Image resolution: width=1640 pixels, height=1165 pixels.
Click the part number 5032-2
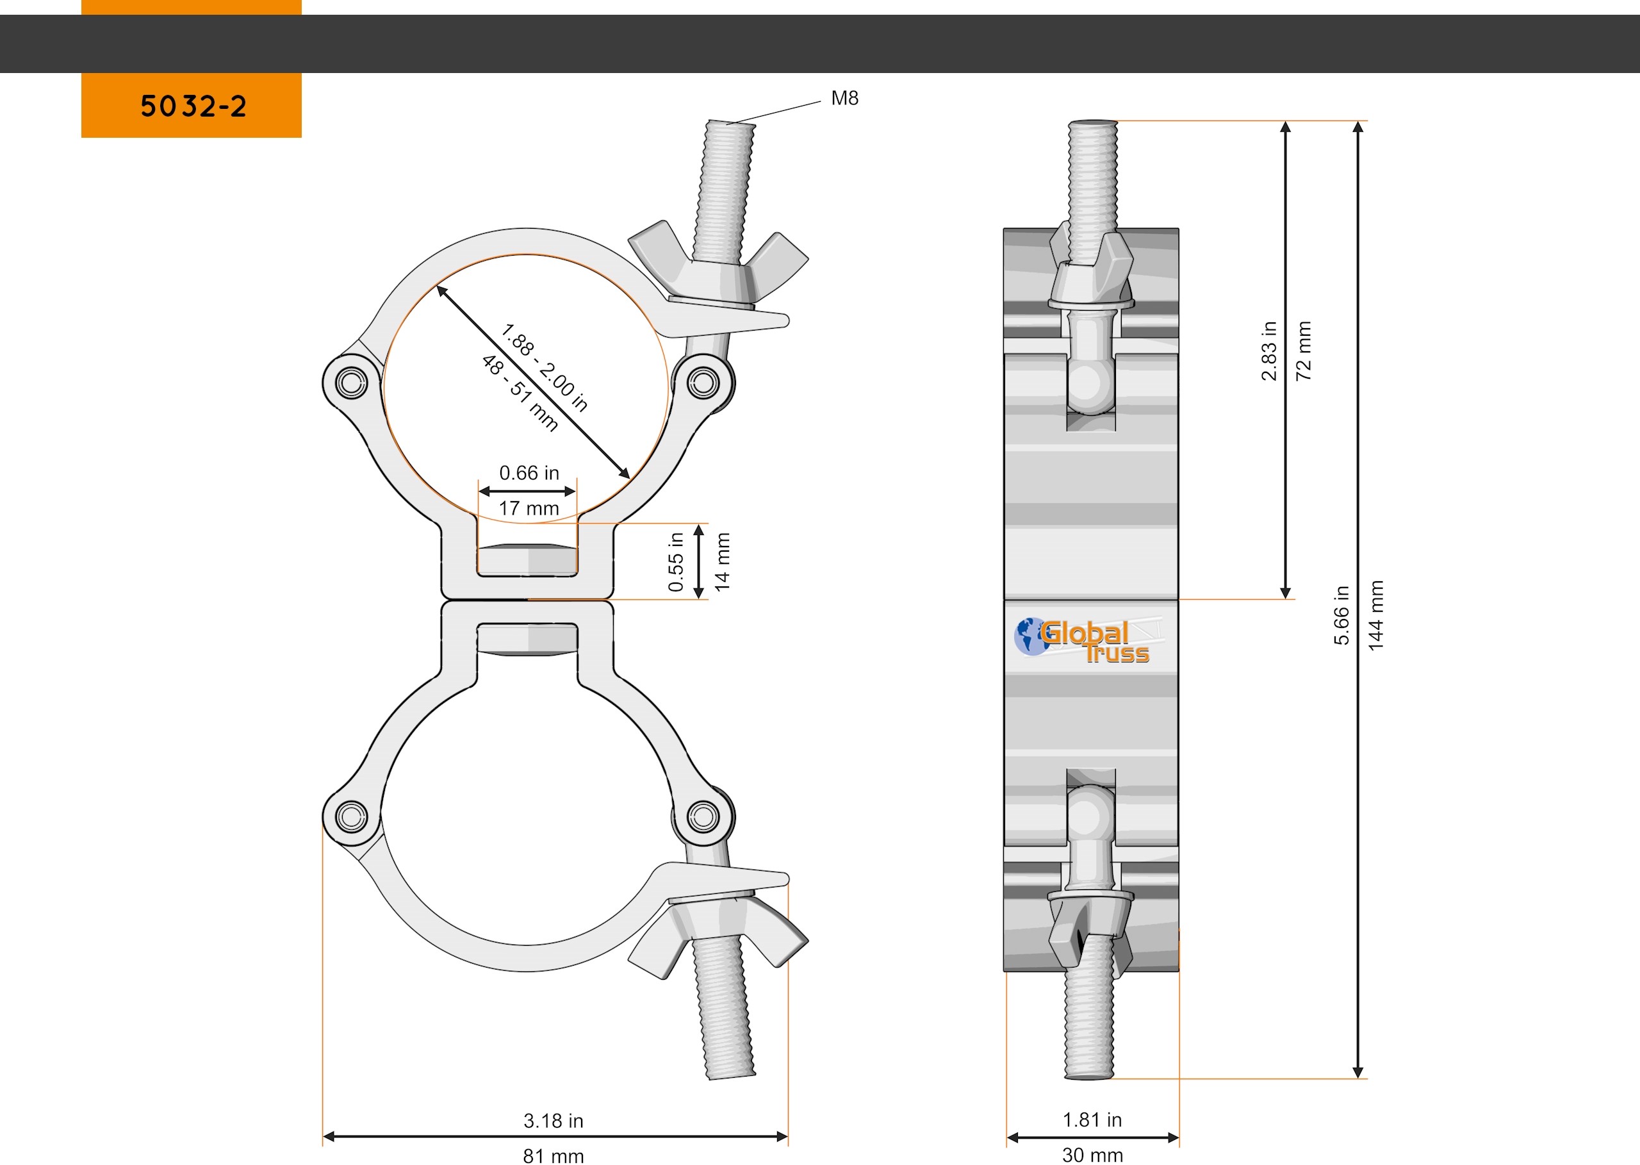193,106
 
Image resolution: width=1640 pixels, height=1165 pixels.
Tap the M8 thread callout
844,98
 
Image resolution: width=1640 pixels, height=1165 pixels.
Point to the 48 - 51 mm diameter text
519,393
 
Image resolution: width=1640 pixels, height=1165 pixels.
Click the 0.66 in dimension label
529,474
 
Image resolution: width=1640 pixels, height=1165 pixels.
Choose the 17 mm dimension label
529,509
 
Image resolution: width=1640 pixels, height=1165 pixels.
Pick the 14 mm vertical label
722,562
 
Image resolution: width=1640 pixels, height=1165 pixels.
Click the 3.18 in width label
553,1121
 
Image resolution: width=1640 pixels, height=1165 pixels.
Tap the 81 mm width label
553,1155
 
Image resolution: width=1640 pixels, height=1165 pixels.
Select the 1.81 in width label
1092,1120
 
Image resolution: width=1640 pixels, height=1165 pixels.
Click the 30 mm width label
1092,1154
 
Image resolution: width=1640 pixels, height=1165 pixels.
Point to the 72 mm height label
1304,350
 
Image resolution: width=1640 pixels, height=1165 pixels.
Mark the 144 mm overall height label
1375,615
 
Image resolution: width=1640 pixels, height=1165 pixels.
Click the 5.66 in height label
1341,615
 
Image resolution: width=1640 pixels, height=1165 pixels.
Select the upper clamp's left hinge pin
351,383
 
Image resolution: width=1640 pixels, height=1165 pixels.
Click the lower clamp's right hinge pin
703,816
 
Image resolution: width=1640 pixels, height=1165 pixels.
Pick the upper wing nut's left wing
656,245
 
